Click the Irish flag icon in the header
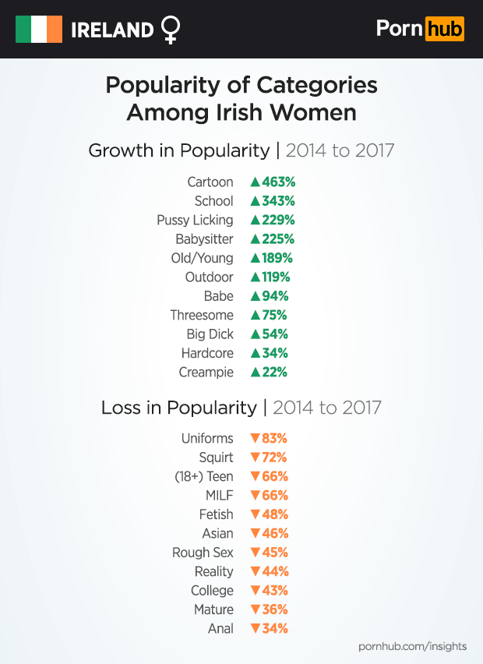tap(39, 30)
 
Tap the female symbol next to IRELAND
tap(170, 30)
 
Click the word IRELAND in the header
tap(112, 30)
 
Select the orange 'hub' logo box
tap(444, 30)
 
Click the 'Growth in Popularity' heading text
tap(178, 150)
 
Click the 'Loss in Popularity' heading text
tap(178, 408)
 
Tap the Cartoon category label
tap(210, 182)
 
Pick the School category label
tap(213, 201)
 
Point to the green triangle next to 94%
tap(254, 296)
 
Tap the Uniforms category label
tap(206, 438)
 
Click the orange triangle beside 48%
tap(254, 514)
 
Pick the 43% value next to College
tap(274, 590)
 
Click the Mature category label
tap(213, 609)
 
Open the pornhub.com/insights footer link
tap(412, 646)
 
